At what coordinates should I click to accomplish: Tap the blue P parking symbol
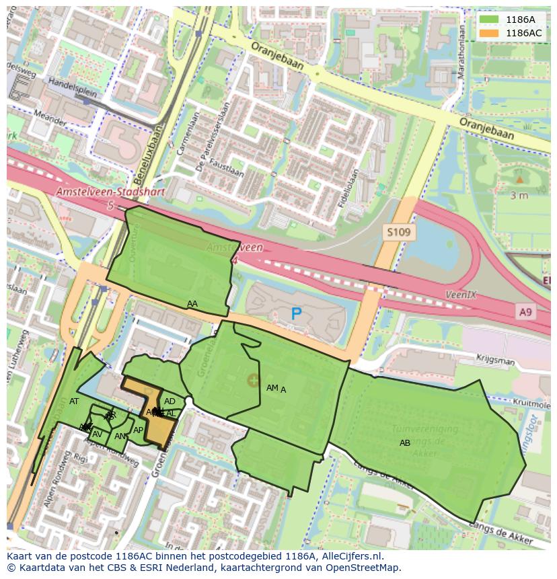pyautogui.click(x=296, y=313)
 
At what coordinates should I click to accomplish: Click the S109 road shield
pyautogui.click(x=399, y=233)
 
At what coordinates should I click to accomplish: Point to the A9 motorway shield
pyautogui.click(x=526, y=311)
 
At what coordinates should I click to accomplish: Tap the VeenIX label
pyautogui.click(x=461, y=295)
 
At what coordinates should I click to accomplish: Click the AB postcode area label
pyautogui.click(x=405, y=443)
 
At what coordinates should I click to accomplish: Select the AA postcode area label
pyautogui.click(x=192, y=304)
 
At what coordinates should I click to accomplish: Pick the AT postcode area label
pyautogui.click(x=74, y=401)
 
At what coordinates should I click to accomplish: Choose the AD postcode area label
pyautogui.click(x=170, y=401)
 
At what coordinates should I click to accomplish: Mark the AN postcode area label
pyautogui.click(x=120, y=436)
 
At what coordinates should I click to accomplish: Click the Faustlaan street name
pyautogui.click(x=227, y=164)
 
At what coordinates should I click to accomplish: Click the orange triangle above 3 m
pyautogui.click(x=519, y=179)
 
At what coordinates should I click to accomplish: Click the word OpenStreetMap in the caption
pyautogui.click(x=364, y=568)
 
